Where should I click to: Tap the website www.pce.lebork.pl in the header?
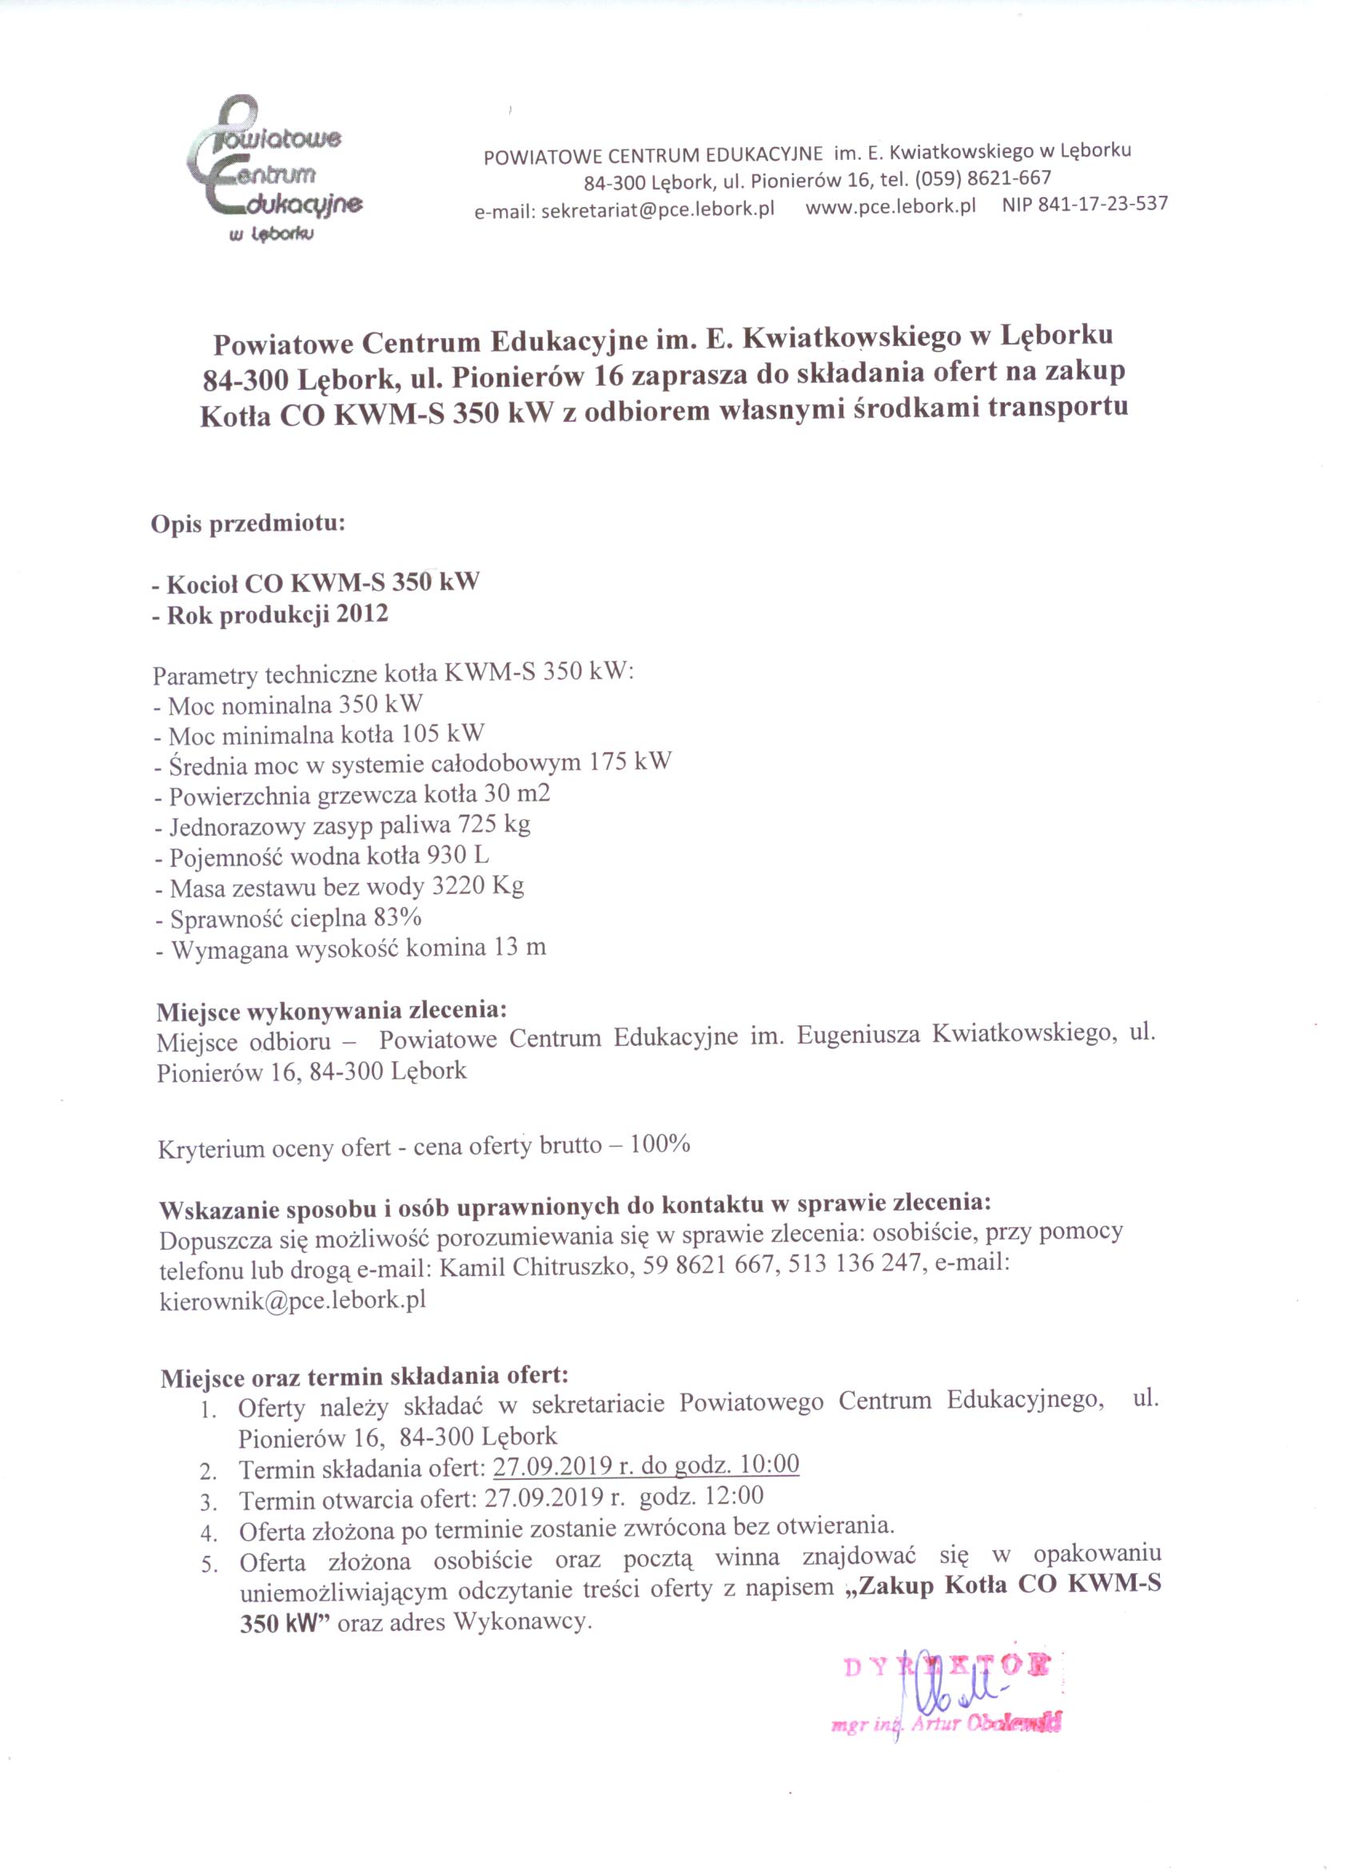[x=890, y=206]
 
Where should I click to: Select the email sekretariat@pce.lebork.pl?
[x=624, y=210]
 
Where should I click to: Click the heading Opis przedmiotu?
[x=247, y=523]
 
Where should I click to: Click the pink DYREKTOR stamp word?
[x=947, y=1665]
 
